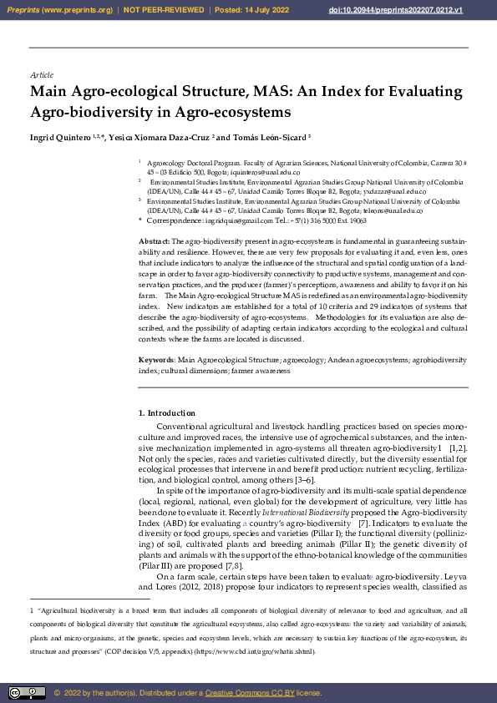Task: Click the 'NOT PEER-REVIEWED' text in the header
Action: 163,9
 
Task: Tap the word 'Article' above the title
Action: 41,75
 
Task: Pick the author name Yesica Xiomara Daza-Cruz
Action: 158,137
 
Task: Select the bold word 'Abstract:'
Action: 154,240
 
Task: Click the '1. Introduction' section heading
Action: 167,413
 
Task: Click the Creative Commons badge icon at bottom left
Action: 27,692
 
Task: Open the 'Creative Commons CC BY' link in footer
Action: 242,693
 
